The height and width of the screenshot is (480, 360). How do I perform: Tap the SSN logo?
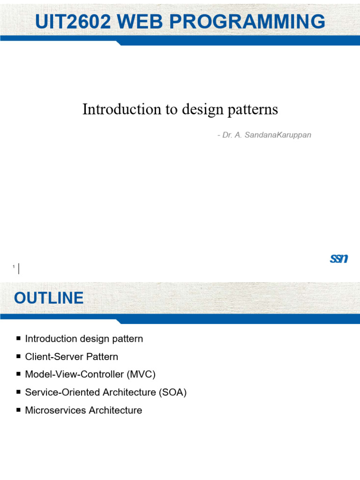point(338,258)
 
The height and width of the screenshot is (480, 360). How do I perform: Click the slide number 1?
point(14,267)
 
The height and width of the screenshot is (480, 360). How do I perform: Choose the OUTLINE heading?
point(49,298)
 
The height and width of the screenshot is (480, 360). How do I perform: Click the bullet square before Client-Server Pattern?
point(18,356)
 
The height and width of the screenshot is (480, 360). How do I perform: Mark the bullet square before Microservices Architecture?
point(18,410)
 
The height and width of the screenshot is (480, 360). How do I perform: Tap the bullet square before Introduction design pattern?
point(18,338)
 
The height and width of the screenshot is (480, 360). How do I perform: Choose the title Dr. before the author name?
point(228,135)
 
